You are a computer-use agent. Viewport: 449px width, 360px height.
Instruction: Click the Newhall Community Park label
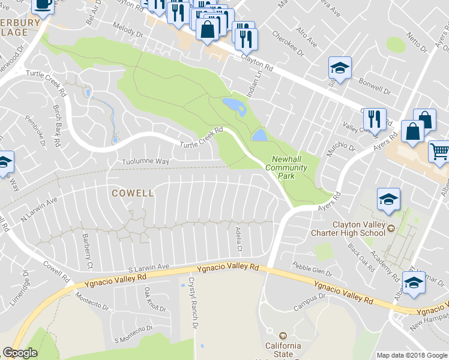pos(289,168)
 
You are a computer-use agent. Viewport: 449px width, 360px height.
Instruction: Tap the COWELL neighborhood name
pos(133,193)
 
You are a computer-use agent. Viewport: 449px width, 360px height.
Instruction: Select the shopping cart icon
pos(439,151)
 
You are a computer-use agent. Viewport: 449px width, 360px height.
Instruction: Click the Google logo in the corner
pos(20,353)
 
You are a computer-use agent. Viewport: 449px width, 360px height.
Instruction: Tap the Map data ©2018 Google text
pos(412,355)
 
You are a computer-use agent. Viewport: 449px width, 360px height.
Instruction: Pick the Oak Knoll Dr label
pos(155,299)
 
